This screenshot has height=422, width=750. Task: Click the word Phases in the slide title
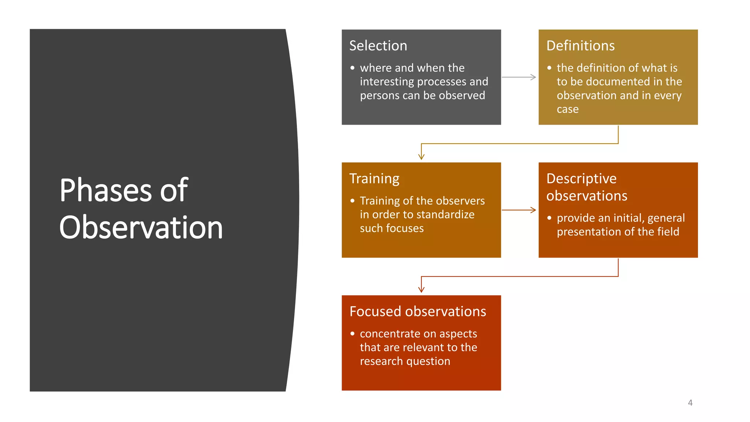pos(105,190)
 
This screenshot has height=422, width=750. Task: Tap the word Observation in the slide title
pos(141,227)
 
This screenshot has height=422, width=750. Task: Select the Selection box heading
pos(378,46)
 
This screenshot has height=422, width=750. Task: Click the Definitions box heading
pos(580,46)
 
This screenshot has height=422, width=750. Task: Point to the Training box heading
pos(374,179)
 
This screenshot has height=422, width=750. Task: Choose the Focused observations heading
pos(417,311)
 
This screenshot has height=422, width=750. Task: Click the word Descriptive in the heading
pos(581,179)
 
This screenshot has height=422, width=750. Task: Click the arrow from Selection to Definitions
pos(519,77)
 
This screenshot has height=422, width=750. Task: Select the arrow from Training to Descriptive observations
pos(519,210)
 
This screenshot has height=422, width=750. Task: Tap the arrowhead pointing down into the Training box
pos(422,156)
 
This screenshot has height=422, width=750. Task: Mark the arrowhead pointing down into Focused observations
pos(422,289)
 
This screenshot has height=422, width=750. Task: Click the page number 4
pos(690,403)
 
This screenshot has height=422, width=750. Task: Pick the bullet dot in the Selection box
pos(352,68)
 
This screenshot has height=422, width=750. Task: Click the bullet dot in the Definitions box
pos(549,68)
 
